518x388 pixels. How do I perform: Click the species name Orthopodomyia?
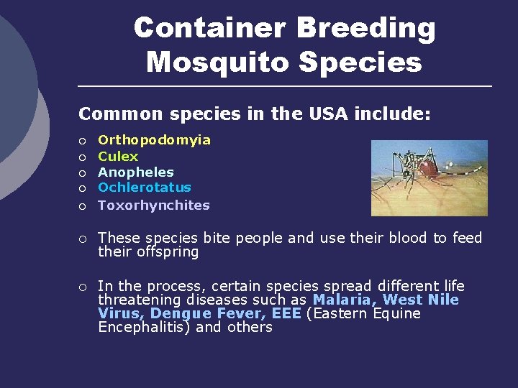pos(154,140)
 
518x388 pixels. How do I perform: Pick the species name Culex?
pos(118,156)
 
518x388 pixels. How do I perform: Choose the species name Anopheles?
pos(136,172)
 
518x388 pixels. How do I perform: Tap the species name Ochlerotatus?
pos(145,188)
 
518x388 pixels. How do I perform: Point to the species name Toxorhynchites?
pos(154,205)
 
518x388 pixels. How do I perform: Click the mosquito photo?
pos(429,177)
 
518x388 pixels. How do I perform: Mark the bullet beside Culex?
pos(83,157)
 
